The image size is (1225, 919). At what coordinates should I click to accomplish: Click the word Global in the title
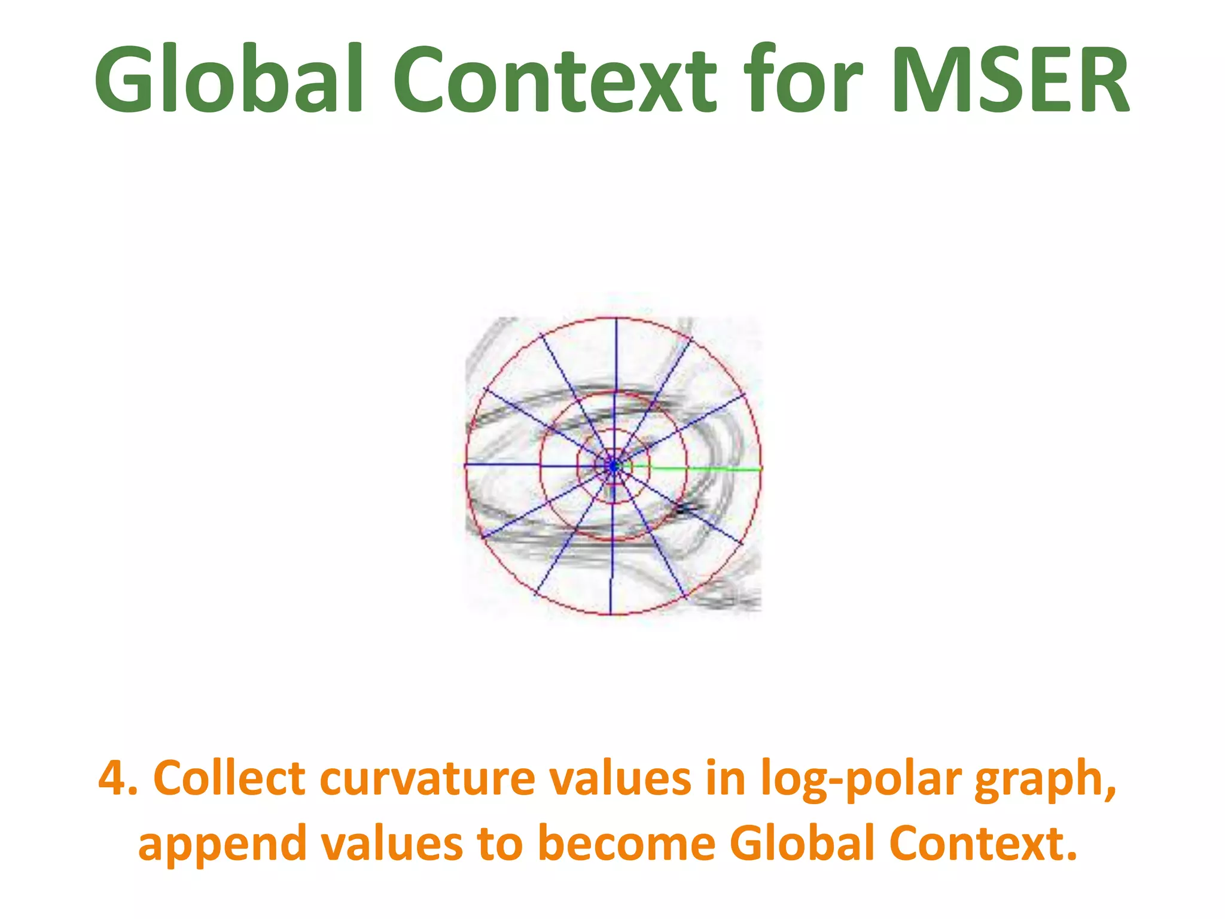(229, 79)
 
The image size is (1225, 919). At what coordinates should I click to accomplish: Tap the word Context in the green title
(554, 79)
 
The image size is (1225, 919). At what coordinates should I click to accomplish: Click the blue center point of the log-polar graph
(613, 465)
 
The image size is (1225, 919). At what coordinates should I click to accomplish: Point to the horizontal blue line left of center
(526, 465)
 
